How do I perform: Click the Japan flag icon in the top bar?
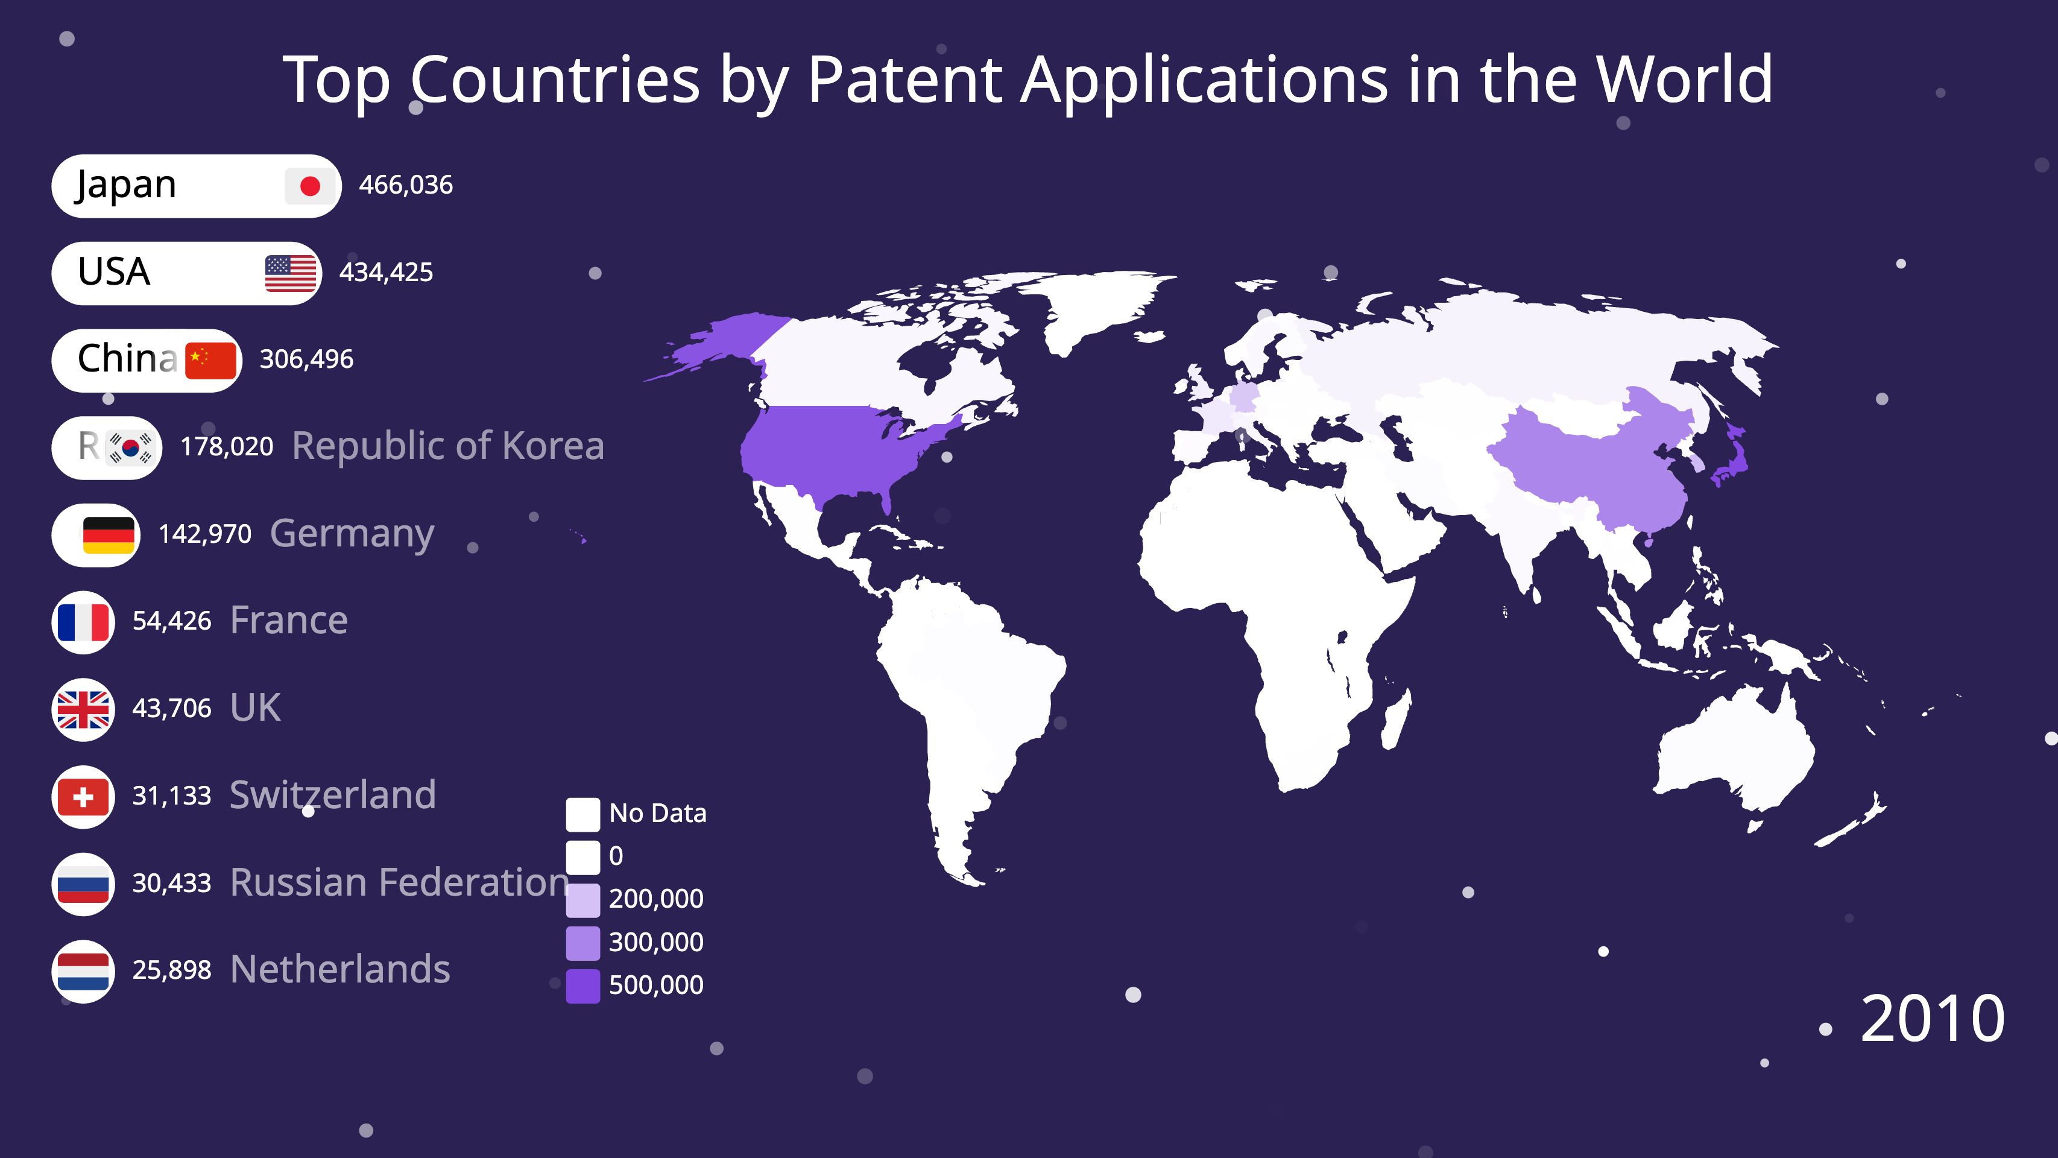pos(310,186)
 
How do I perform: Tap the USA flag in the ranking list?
pos(291,273)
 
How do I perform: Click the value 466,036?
pos(406,185)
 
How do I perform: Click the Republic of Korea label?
pos(448,446)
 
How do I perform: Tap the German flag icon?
pos(109,534)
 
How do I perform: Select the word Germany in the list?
pos(352,534)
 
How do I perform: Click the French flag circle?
pos(83,622)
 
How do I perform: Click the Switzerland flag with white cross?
pos(83,797)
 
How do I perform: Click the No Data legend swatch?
pos(583,814)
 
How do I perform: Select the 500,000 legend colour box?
pos(583,986)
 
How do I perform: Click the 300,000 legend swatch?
pos(583,943)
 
